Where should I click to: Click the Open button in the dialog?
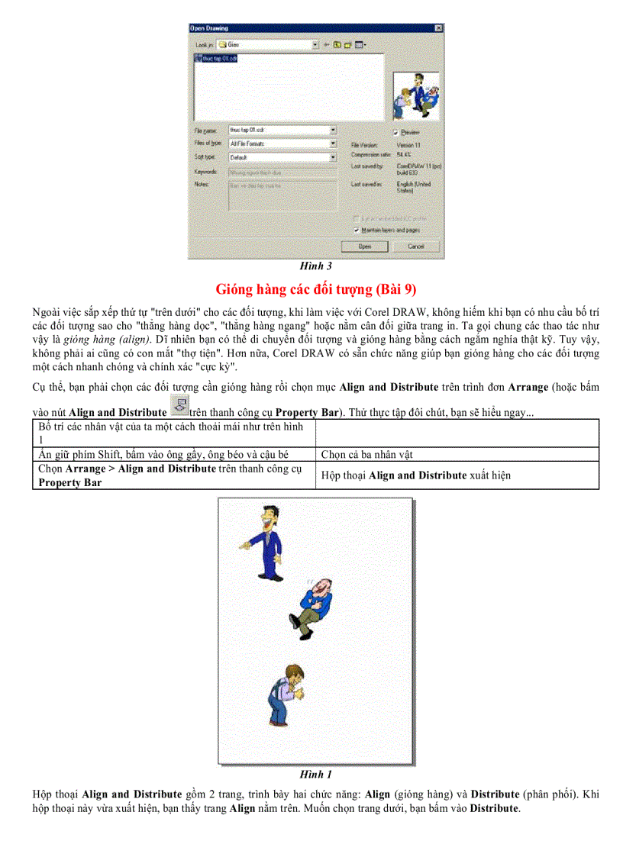tap(365, 246)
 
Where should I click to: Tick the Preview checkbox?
tap(395, 132)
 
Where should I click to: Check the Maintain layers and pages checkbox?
tap(357, 229)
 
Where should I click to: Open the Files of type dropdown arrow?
tap(333, 143)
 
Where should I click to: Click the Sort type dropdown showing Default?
tap(282, 157)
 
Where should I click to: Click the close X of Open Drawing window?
tap(439, 29)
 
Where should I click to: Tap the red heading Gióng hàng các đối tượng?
tap(315, 289)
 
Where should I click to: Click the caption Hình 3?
tap(315, 267)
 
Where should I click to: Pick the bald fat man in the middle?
tap(313, 606)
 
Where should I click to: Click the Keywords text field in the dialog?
tap(282, 172)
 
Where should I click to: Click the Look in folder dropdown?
tap(267, 45)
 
